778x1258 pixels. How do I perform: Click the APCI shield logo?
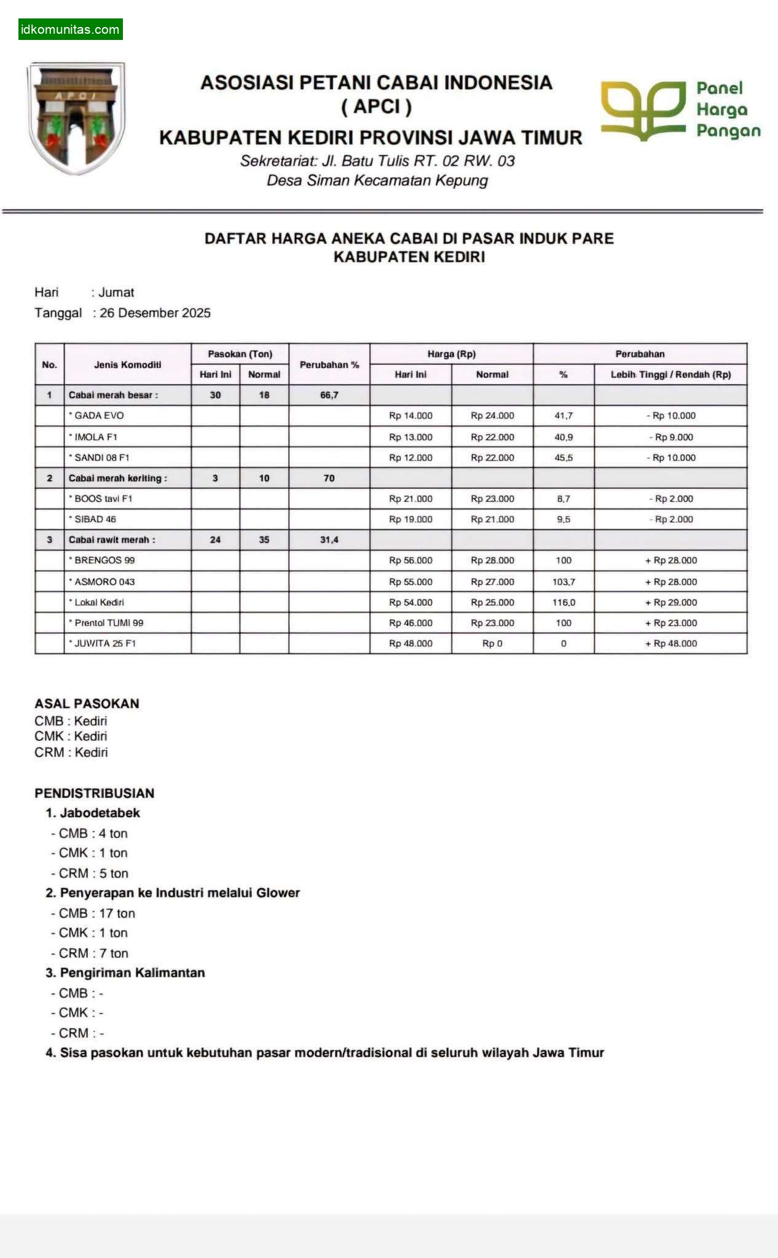coord(76,117)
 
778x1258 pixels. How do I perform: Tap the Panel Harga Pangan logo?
coord(680,111)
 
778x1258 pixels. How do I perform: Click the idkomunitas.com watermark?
coord(70,29)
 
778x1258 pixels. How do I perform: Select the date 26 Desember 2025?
coord(155,313)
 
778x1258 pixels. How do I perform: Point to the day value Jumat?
coord(116,292)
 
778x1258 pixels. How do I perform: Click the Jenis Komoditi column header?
coord(128,364)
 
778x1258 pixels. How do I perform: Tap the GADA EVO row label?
coord(99,415)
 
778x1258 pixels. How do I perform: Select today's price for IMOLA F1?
coord(411,437)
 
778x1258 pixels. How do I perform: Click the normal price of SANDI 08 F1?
coord(492,458)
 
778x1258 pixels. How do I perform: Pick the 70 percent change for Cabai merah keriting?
coord(329,478)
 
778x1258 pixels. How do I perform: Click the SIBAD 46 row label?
coord(95,519)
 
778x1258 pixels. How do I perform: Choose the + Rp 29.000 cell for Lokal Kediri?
coord(670,602)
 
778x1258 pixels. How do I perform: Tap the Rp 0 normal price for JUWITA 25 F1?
coord(492,643)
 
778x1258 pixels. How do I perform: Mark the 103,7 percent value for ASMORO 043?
coord(564,581)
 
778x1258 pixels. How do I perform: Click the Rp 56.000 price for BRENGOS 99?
coord(411,560)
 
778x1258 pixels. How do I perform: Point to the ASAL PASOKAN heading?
coord(87,703)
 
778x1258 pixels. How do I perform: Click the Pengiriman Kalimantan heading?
coord(132,972)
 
